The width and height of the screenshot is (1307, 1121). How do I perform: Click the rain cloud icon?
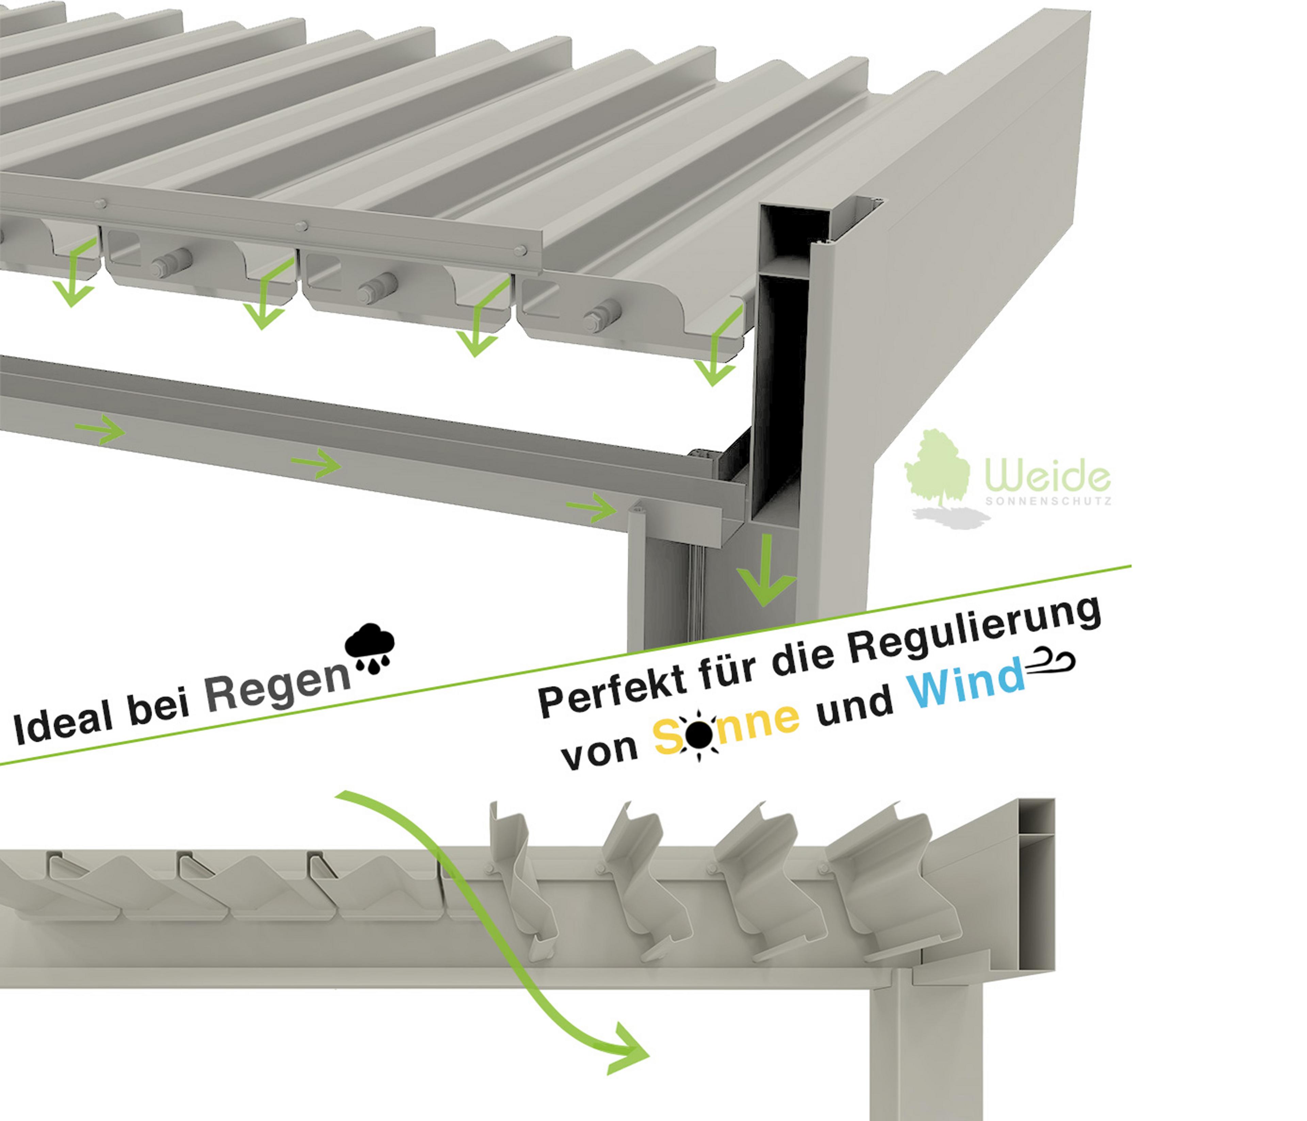click(x=370, y=649)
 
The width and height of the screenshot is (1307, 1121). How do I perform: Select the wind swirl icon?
click(x=1050, y=661)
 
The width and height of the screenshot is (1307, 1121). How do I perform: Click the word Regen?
click(x=277, y=691)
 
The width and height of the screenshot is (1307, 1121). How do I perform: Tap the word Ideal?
click(x=63, y=726)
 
